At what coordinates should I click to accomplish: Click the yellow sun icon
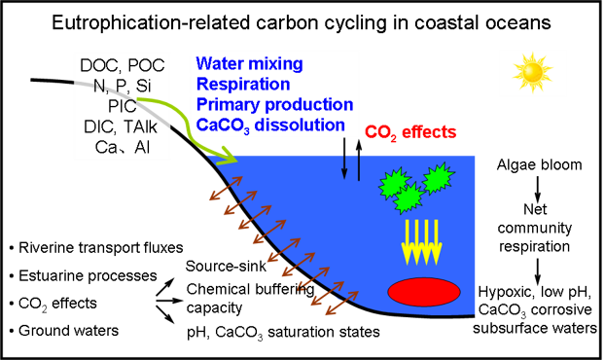point(533,73)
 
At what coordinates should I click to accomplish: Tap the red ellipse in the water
point(424,292)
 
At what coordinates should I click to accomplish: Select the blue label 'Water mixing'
point(249,63)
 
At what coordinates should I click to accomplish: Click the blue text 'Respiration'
point(243,84)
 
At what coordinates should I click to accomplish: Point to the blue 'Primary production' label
point(274,104)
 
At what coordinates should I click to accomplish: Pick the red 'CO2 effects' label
point(410,132)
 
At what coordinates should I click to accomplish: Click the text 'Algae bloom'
point(539,164)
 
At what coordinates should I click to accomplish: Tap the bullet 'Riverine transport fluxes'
point(96,248)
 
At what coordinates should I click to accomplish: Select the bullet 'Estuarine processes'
point(84,276)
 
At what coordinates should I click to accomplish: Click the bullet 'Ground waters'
point(64,331)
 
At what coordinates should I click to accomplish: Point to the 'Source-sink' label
point(226,266)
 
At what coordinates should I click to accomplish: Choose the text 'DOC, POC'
point(123,65)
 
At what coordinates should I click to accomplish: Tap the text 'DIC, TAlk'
point(121,126)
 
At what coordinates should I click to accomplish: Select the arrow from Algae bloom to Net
point(538,189)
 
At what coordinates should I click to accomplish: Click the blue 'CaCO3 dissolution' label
point(270,126)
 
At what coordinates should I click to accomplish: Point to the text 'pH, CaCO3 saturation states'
point(283,332)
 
